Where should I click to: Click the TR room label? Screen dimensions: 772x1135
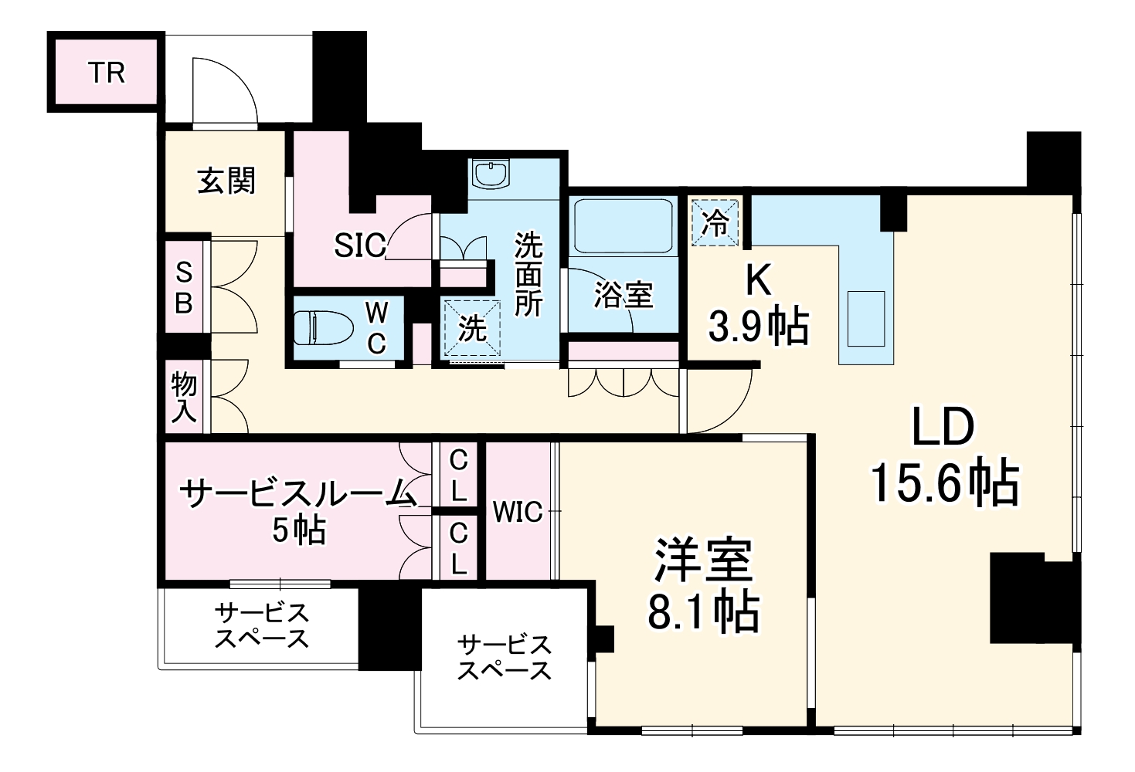[x=106, y=73]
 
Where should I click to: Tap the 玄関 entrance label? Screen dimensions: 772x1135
[x=226, y=181]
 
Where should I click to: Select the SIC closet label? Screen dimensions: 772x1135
[x=359, y=245]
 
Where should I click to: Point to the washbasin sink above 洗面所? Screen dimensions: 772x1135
[x=491, y=174]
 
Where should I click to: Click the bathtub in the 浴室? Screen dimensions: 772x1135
[x=622, y=225]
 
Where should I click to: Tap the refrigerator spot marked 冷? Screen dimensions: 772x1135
[x=715, y=222]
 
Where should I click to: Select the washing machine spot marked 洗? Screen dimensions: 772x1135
[x=471, y=329]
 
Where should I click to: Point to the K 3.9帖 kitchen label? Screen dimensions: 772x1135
[x=758, y=305]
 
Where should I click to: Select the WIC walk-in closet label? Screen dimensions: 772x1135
[x=518, y=512]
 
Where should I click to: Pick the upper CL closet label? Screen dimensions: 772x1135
[x=458, y=476]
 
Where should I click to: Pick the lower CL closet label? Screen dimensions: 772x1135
[x=458, y=547]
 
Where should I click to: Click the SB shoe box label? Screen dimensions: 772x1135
[x=184, y=287]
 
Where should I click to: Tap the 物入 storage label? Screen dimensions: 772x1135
[x=184, y=397]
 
